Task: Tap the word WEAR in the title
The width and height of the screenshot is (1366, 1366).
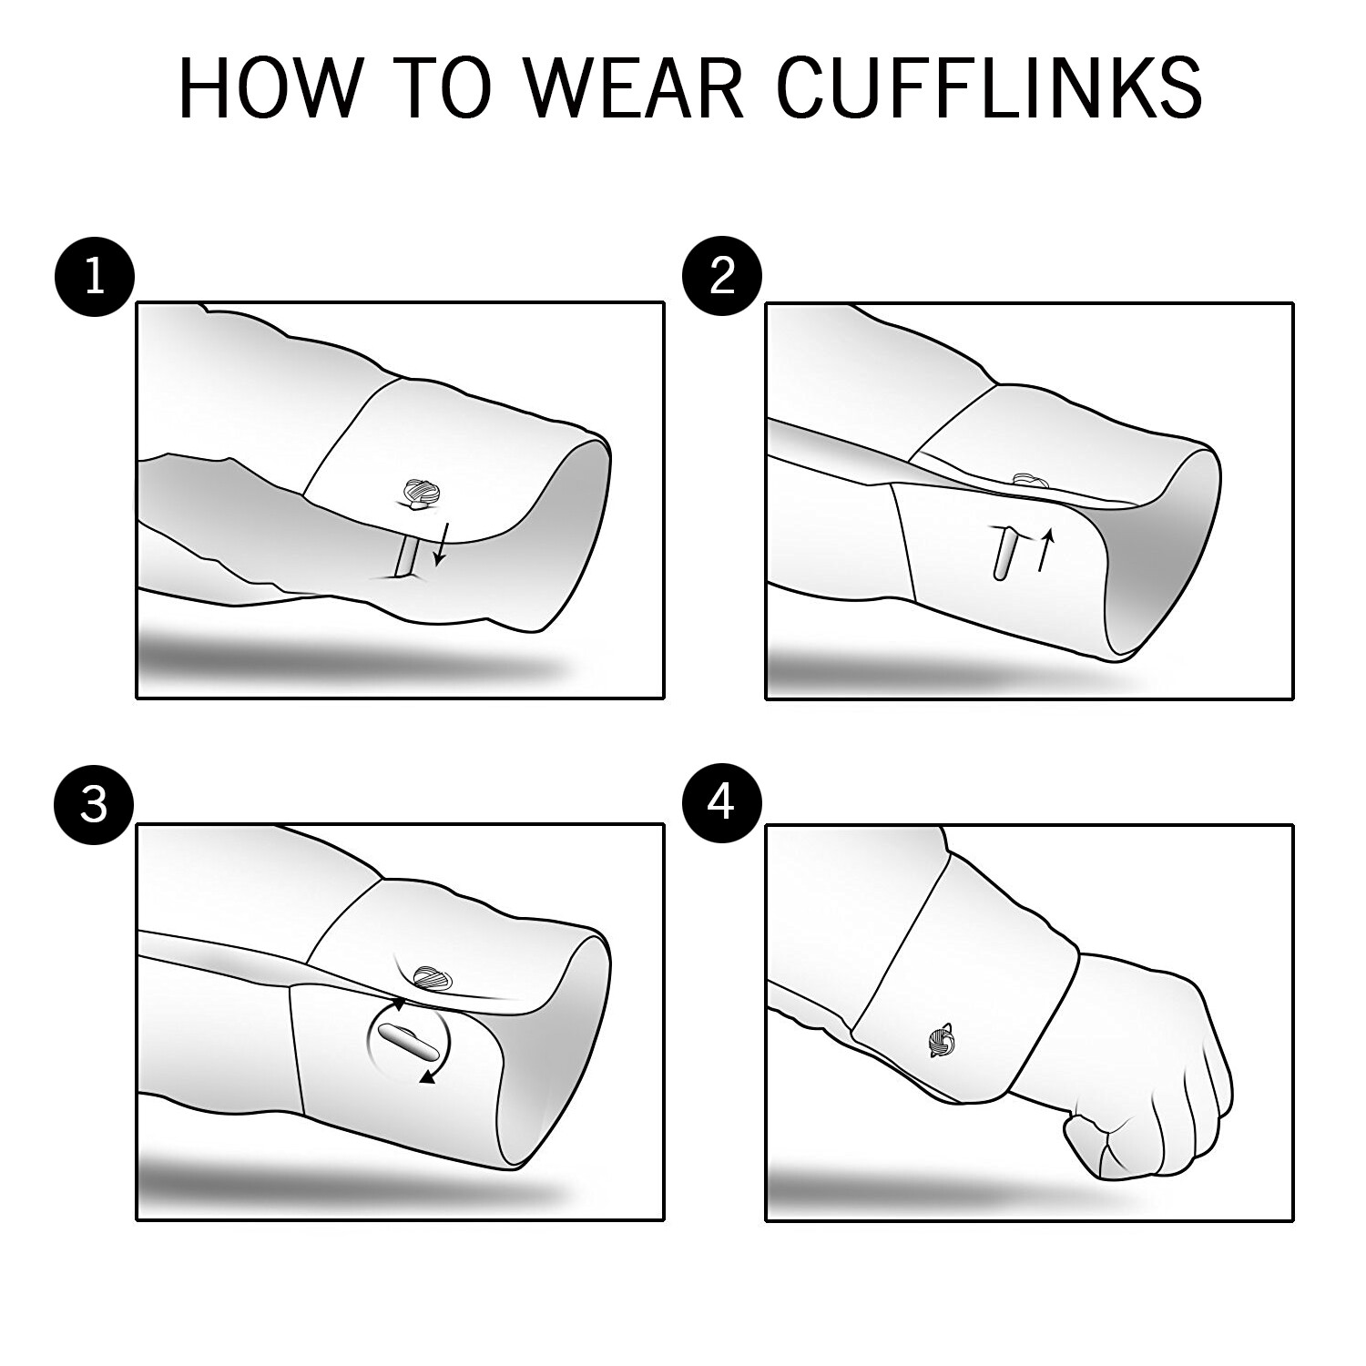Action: click(x=635, y=88)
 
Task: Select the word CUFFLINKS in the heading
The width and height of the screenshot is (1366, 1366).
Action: click(x=990, y=88)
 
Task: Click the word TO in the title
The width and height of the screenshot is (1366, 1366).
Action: click(x=445, y=88)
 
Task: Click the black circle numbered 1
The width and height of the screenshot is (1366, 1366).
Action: click(x=95, y=275)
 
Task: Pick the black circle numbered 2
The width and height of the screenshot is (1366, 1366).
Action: click(x=722, y=275)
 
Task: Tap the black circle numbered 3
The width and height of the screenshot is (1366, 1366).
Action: click(x=95, y=805)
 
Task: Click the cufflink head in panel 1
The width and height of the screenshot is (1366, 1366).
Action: click(x=422, y=492)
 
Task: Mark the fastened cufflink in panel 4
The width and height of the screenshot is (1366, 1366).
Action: click(x=941, y=1039)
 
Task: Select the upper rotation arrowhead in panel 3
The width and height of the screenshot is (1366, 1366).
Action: click(x=399, y=1004)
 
